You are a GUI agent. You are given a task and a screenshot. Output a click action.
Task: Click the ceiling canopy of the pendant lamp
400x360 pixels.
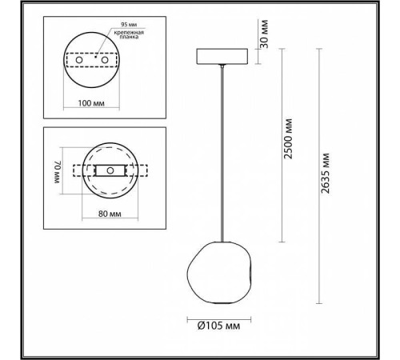221,58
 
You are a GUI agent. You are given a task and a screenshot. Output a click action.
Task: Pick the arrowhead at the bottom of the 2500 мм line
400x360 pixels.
282,239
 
